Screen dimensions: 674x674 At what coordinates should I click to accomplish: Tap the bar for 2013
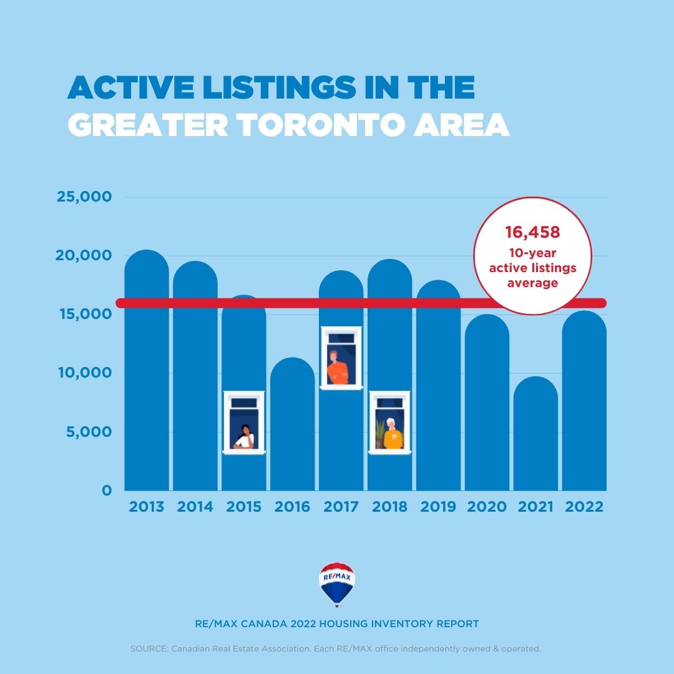pos(147,374)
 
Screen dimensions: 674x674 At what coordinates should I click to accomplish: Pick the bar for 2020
pos(487,406)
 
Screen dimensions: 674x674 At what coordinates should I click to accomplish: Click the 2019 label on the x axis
pos(438,506)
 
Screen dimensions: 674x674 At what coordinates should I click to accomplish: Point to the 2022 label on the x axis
pos(584,506)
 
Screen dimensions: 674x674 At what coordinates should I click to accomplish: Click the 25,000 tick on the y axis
pos(84,197)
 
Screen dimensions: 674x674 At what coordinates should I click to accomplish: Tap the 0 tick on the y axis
pos(107,491)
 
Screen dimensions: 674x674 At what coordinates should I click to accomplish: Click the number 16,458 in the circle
pos(532,233)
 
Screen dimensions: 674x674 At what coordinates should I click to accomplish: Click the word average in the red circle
pos(532,283)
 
